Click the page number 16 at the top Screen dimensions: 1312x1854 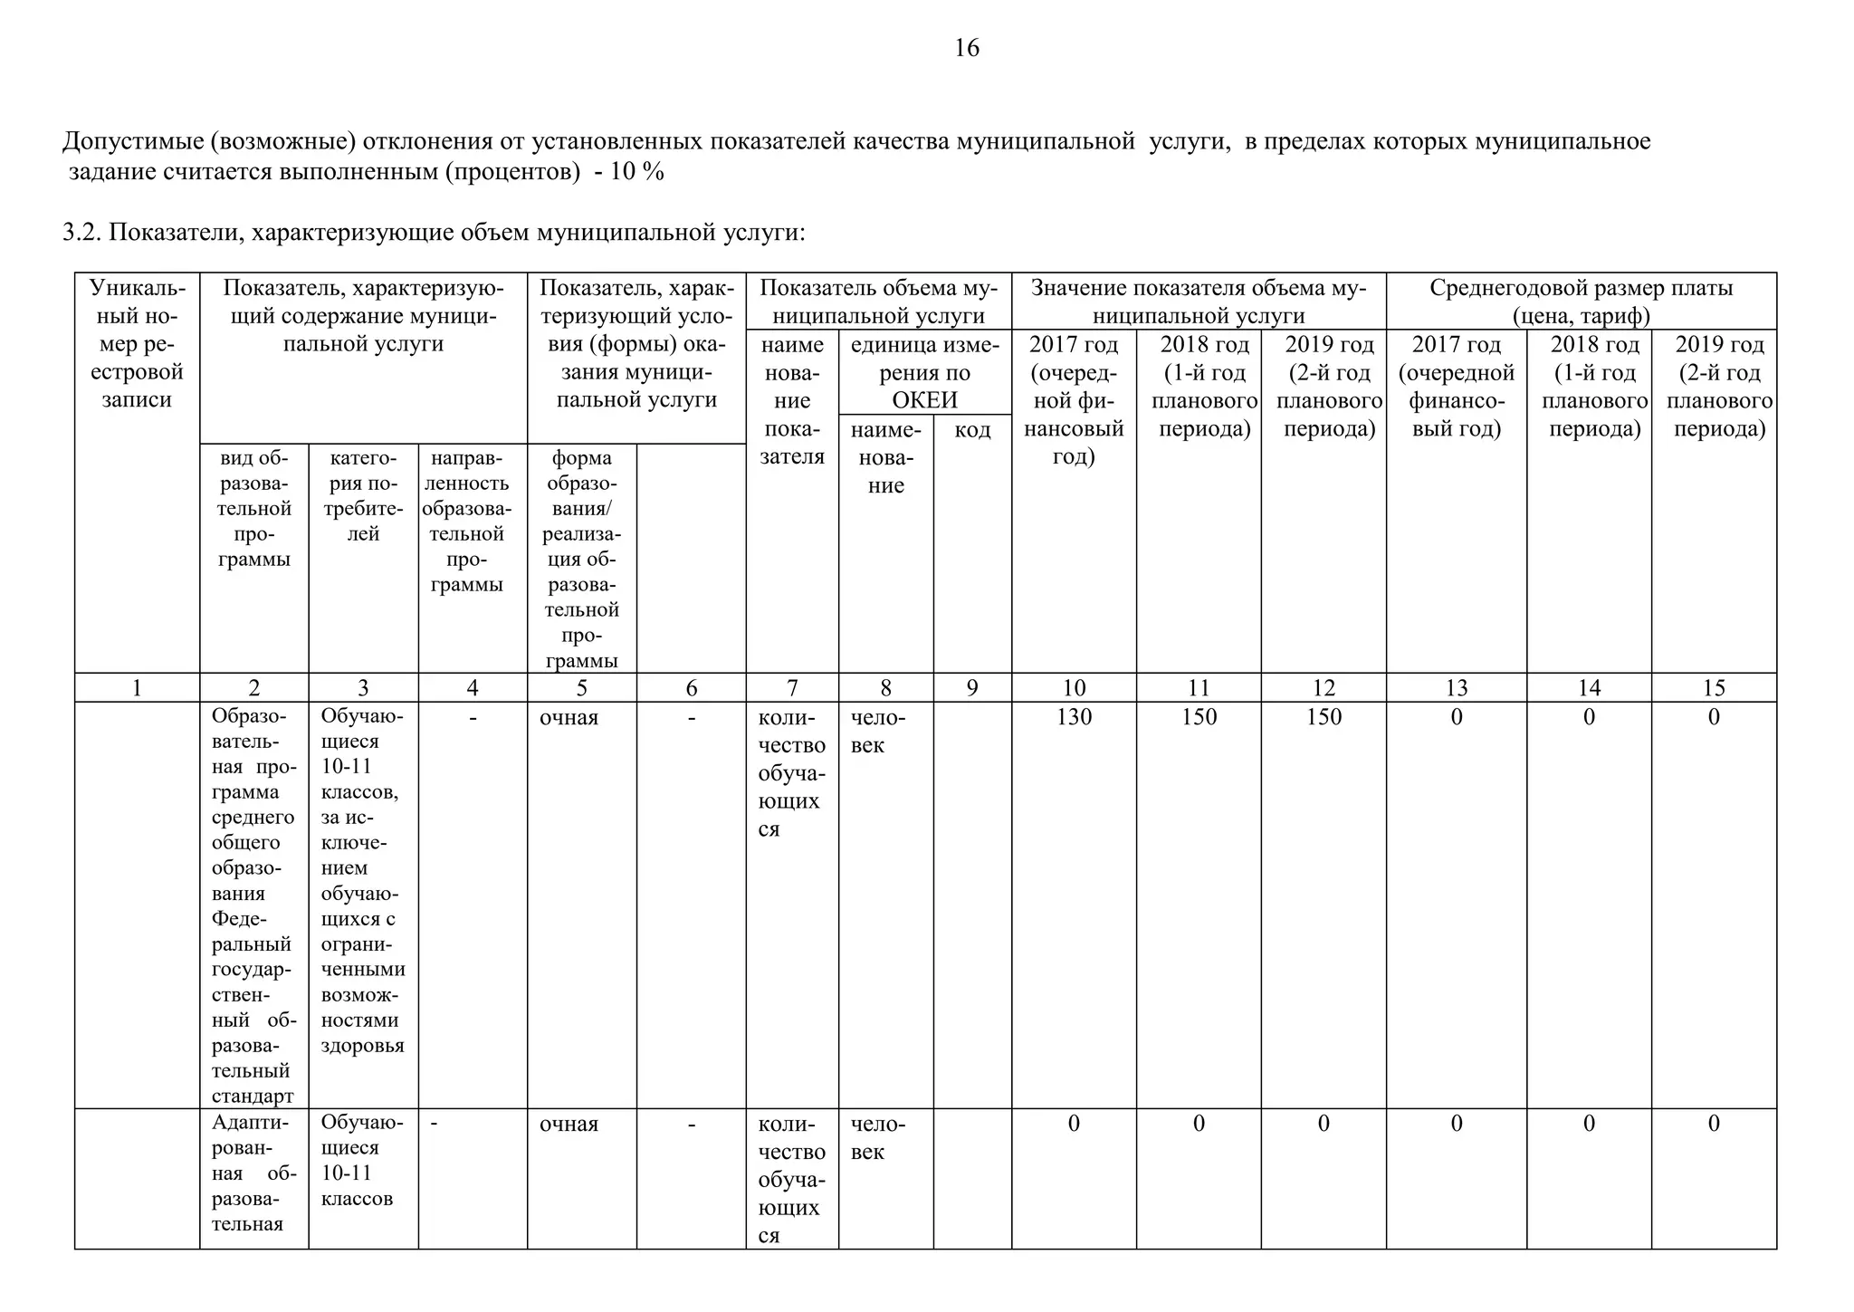[x=966, y=48]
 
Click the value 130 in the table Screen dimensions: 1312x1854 [x=1074, y=717]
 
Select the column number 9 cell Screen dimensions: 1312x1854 [x=972, y=688]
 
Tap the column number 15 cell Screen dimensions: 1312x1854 [x=1714, y=688]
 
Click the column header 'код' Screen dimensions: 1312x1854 [x=972, y=430]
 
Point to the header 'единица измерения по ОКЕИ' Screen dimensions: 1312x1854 [x=924, y=372]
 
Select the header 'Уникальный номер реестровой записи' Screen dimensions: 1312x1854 [x=137, y=344]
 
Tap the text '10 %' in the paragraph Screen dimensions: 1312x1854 [x=637, y=172]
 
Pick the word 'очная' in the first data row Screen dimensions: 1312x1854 [x=569, y=718]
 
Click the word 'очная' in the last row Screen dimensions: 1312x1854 [x=569, y=1125]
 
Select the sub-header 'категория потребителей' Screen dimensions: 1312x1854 [x=363, y=496]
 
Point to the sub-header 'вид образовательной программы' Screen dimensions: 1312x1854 [x=254, y=509]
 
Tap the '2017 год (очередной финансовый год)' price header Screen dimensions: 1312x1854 [x=1456, y=387]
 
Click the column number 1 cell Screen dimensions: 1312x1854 [x=137, y=688]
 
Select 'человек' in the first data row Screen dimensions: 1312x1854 [x=877, y=732]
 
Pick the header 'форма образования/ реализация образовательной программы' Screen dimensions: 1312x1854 [x=582, y=560]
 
